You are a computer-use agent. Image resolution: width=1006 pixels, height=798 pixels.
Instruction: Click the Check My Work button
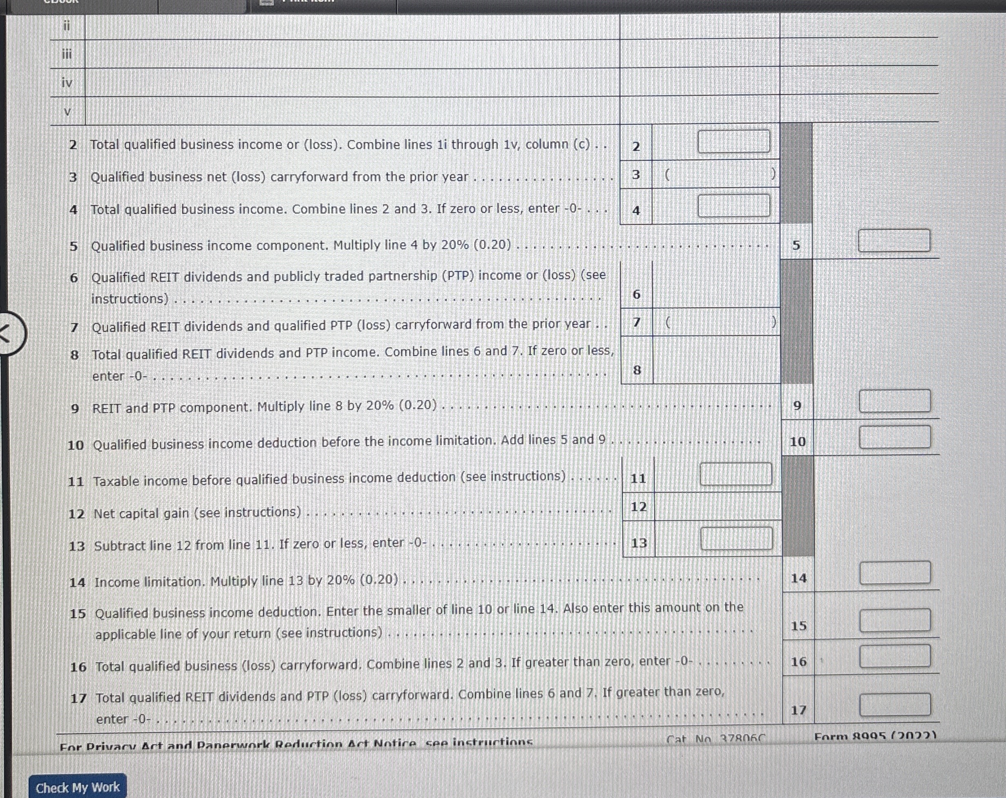pos(78,787)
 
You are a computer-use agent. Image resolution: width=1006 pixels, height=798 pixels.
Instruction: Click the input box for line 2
pos(734,141)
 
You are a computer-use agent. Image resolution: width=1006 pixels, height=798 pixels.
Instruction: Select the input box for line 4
pos(734,206)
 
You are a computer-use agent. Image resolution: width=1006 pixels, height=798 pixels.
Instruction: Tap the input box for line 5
pos(894,241)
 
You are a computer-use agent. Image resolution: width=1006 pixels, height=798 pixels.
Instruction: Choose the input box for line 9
pos(895,401)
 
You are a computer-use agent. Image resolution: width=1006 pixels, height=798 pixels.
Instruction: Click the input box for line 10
pos(895,437)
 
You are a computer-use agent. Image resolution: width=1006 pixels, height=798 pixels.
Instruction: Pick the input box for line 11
pos(736,474)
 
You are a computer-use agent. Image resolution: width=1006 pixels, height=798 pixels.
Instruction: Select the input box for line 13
pos(736,539)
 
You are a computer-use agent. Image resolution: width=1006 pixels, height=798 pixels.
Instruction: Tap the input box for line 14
pos(895,573)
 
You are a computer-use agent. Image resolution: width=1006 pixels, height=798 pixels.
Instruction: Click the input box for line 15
pos(895,620)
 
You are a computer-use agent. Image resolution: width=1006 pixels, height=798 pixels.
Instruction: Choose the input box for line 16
pos(895,656)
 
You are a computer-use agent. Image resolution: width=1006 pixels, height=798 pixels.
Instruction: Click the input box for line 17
pos(895,704)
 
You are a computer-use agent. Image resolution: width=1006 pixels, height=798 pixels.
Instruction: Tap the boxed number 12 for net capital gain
pos(638,507)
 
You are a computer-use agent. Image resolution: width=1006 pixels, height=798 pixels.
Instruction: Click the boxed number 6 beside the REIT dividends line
pos(637,294)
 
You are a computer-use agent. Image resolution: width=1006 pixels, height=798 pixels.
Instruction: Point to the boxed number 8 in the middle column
pos(637,370)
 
